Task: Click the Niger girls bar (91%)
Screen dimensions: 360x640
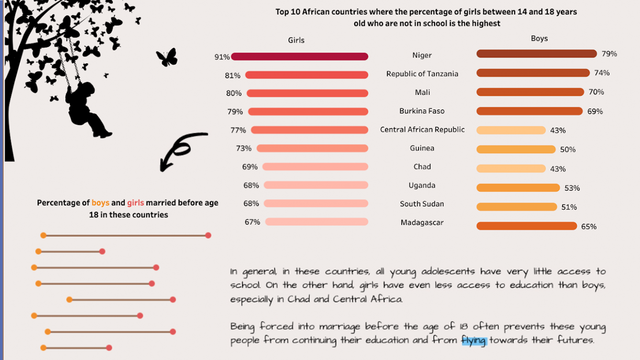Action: (x=299, y=57)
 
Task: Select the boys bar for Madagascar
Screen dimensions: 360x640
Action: (x=526, y=226)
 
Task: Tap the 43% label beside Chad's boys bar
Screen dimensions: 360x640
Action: (x=558, y=169)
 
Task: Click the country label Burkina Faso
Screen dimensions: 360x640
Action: (x=422, y=111)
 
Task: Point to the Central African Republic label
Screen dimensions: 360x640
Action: (x=422, y=130)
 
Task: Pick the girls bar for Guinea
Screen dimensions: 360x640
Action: (x=312, y=148)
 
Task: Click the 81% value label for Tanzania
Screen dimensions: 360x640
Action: (x=232, y=76)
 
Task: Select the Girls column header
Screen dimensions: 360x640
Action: (x=296, y=40)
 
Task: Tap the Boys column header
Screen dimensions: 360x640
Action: (x=539, y=39)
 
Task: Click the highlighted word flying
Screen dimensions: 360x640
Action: (x=474, y=340)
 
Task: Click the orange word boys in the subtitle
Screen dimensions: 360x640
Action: (x=100, y=203)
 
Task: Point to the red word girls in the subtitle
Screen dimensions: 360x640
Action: (x=135, y=203)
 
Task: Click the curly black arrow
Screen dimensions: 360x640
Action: (x=180, y=150)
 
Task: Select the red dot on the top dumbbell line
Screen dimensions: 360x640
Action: (x=208, y=235)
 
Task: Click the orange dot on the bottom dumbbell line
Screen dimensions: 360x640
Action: (x=43, y=348)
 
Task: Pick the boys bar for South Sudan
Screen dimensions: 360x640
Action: (x=516, y=207)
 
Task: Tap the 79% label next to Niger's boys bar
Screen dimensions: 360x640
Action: (x=609, y=54)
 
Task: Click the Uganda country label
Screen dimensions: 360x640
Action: (x=422, y=185)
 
